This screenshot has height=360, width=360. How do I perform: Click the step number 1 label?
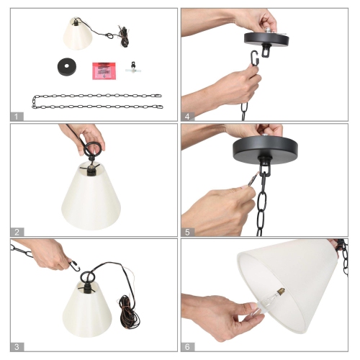pyautogui.click(x=15, y=116)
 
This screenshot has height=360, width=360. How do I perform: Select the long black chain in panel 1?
pyautogui.click(x=97, y=100)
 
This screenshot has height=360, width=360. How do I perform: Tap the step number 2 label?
pyautogui.click(x=15, y=231)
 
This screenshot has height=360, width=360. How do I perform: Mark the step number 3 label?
pyautogui.click(x=15, y=346)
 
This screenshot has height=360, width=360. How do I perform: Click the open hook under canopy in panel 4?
pyautogui.click(x=255, y=59)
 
